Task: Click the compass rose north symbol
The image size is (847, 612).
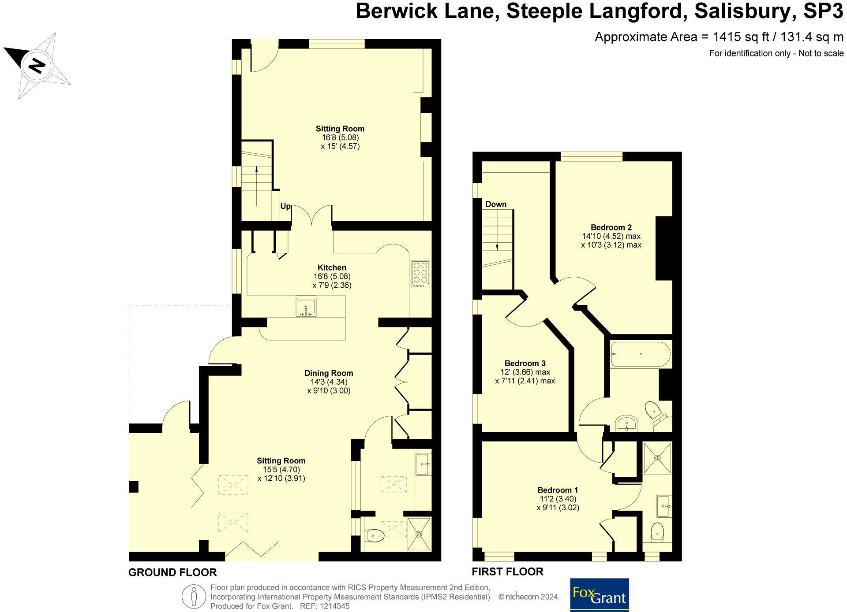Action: [37, 66]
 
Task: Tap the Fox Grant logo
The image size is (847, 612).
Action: [599, 595]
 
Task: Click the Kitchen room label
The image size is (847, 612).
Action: [332, 267]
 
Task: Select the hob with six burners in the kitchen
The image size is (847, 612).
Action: [420, 274]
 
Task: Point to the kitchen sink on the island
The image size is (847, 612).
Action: [306, 307]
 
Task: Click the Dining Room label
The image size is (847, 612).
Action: [329, 373]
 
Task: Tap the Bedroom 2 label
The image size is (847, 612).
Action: [611, 227]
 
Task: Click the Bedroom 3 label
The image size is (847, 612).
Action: [525, 363]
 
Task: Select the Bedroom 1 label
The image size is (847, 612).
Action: [558, 490]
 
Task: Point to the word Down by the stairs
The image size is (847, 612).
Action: [496, 204]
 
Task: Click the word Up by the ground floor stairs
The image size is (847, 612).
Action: [285, 206]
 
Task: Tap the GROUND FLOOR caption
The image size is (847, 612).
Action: [172, 572]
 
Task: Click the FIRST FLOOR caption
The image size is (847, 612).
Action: [507, 571]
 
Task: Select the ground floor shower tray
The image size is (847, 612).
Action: [419, 534]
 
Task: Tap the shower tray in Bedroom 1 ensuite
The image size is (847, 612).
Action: [657, 458]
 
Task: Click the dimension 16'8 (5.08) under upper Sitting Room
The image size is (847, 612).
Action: [340, 137]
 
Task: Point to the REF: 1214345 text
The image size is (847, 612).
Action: [325, 606]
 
